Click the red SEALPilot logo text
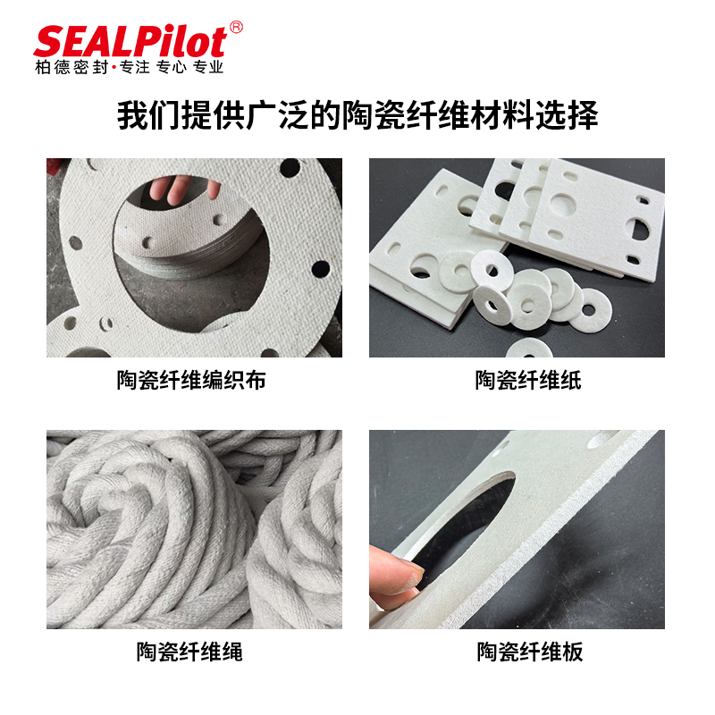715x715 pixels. pos(130,42)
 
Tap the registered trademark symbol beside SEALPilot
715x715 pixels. pos(236,28)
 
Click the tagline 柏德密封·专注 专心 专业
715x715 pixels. pos(130,67)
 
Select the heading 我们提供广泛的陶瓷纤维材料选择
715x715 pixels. pos(357,114)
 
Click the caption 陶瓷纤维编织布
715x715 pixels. pos(191,380)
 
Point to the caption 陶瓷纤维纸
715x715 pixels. pos(528,380)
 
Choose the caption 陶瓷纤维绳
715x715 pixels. pos(189,652)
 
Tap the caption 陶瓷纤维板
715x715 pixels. pos(530,652)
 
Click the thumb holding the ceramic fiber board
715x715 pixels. pos(396,571)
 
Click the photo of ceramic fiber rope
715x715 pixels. pos(194,529)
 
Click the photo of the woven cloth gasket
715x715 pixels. pos(194,257)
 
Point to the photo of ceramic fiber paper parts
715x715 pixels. pos(517,257)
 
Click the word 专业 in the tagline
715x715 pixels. pos(208,67)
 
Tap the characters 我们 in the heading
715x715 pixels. pos(147,115)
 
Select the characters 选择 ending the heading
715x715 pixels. pos(567,115)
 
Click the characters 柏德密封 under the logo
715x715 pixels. pos(71,67)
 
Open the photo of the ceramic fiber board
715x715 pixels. pos(517,529)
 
